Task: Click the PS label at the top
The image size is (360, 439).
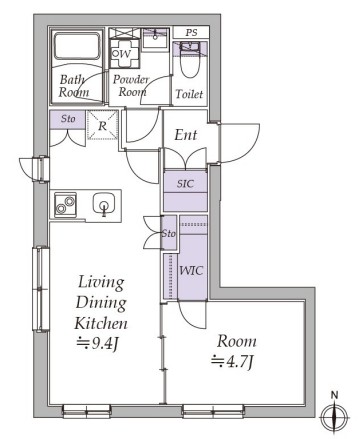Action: (191, 33)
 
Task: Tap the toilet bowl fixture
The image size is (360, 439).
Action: (189, 60)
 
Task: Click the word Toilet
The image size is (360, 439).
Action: (189, 94)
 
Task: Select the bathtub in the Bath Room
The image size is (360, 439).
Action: (77, 46)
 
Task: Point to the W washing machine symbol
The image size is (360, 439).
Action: (122, 54)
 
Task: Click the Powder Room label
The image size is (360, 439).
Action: (131, 85)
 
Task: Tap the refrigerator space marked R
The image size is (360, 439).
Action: (102, 126)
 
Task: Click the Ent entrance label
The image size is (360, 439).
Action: (186, 135)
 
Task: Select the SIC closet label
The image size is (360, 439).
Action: (185, 183)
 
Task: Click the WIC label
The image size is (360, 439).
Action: (191, 270)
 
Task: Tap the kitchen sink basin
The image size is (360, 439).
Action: (104, 203)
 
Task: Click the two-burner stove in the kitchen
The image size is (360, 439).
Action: (65, 205)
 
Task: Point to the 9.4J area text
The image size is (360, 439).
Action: (97, 343)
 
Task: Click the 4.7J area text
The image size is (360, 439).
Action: (232, 362)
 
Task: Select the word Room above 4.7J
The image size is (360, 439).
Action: (237, 341)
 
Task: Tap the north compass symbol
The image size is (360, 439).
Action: (334, 415)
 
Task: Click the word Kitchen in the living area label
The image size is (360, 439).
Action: (101, 323)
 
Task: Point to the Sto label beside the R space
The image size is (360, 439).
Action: (68, 118)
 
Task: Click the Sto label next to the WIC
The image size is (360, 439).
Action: (168, 233)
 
